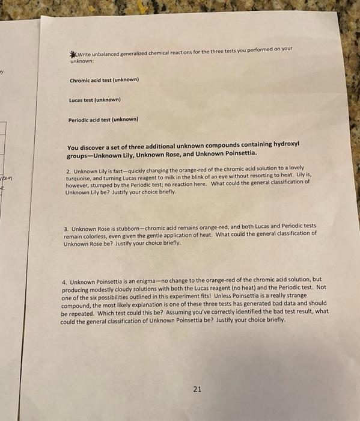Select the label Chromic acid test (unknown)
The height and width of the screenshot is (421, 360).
click(104, 79)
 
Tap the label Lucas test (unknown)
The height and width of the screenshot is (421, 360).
click(95, 99)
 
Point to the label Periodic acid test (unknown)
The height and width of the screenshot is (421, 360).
click(103, 119)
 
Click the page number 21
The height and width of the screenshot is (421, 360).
click(197, 389)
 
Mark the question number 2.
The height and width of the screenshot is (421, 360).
click(69, 168)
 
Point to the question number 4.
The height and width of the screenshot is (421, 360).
click(64, 281)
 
